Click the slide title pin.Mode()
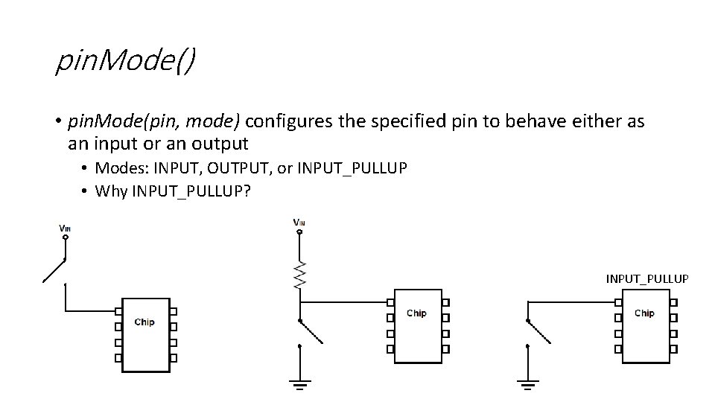coord(125,61)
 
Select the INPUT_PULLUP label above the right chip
coord(646,279)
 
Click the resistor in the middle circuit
coord(299,275)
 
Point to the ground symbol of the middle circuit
coord(299,383)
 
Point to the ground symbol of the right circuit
coord(527,383)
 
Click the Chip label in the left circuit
coord(144,322)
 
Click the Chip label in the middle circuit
coord(416,313)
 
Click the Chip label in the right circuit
coord(644,313)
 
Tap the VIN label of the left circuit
coord(66,228)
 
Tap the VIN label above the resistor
coord(299,222)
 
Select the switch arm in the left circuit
coord(54,271)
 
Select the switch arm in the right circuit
coord(539,332)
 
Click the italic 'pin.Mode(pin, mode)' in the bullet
coord(154,121)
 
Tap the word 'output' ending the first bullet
coord(220,142)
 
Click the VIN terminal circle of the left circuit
coord(66,238)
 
